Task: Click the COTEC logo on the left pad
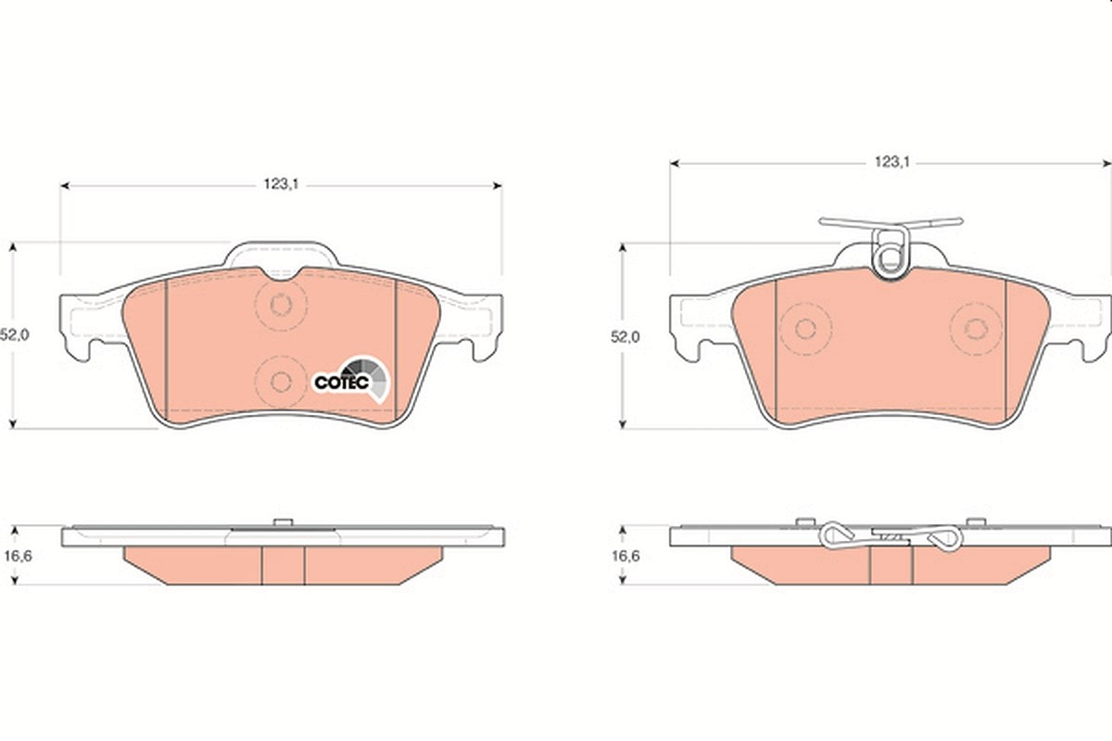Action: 351,380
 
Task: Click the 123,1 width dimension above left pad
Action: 281,184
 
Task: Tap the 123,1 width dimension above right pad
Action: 891,162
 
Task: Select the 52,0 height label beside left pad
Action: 15,335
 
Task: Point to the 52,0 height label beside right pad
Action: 625,337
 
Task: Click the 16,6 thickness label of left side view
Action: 18,556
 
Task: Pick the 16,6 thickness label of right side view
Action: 625,556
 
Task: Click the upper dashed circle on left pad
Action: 281,305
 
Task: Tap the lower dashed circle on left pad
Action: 281,382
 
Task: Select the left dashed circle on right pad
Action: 805,329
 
